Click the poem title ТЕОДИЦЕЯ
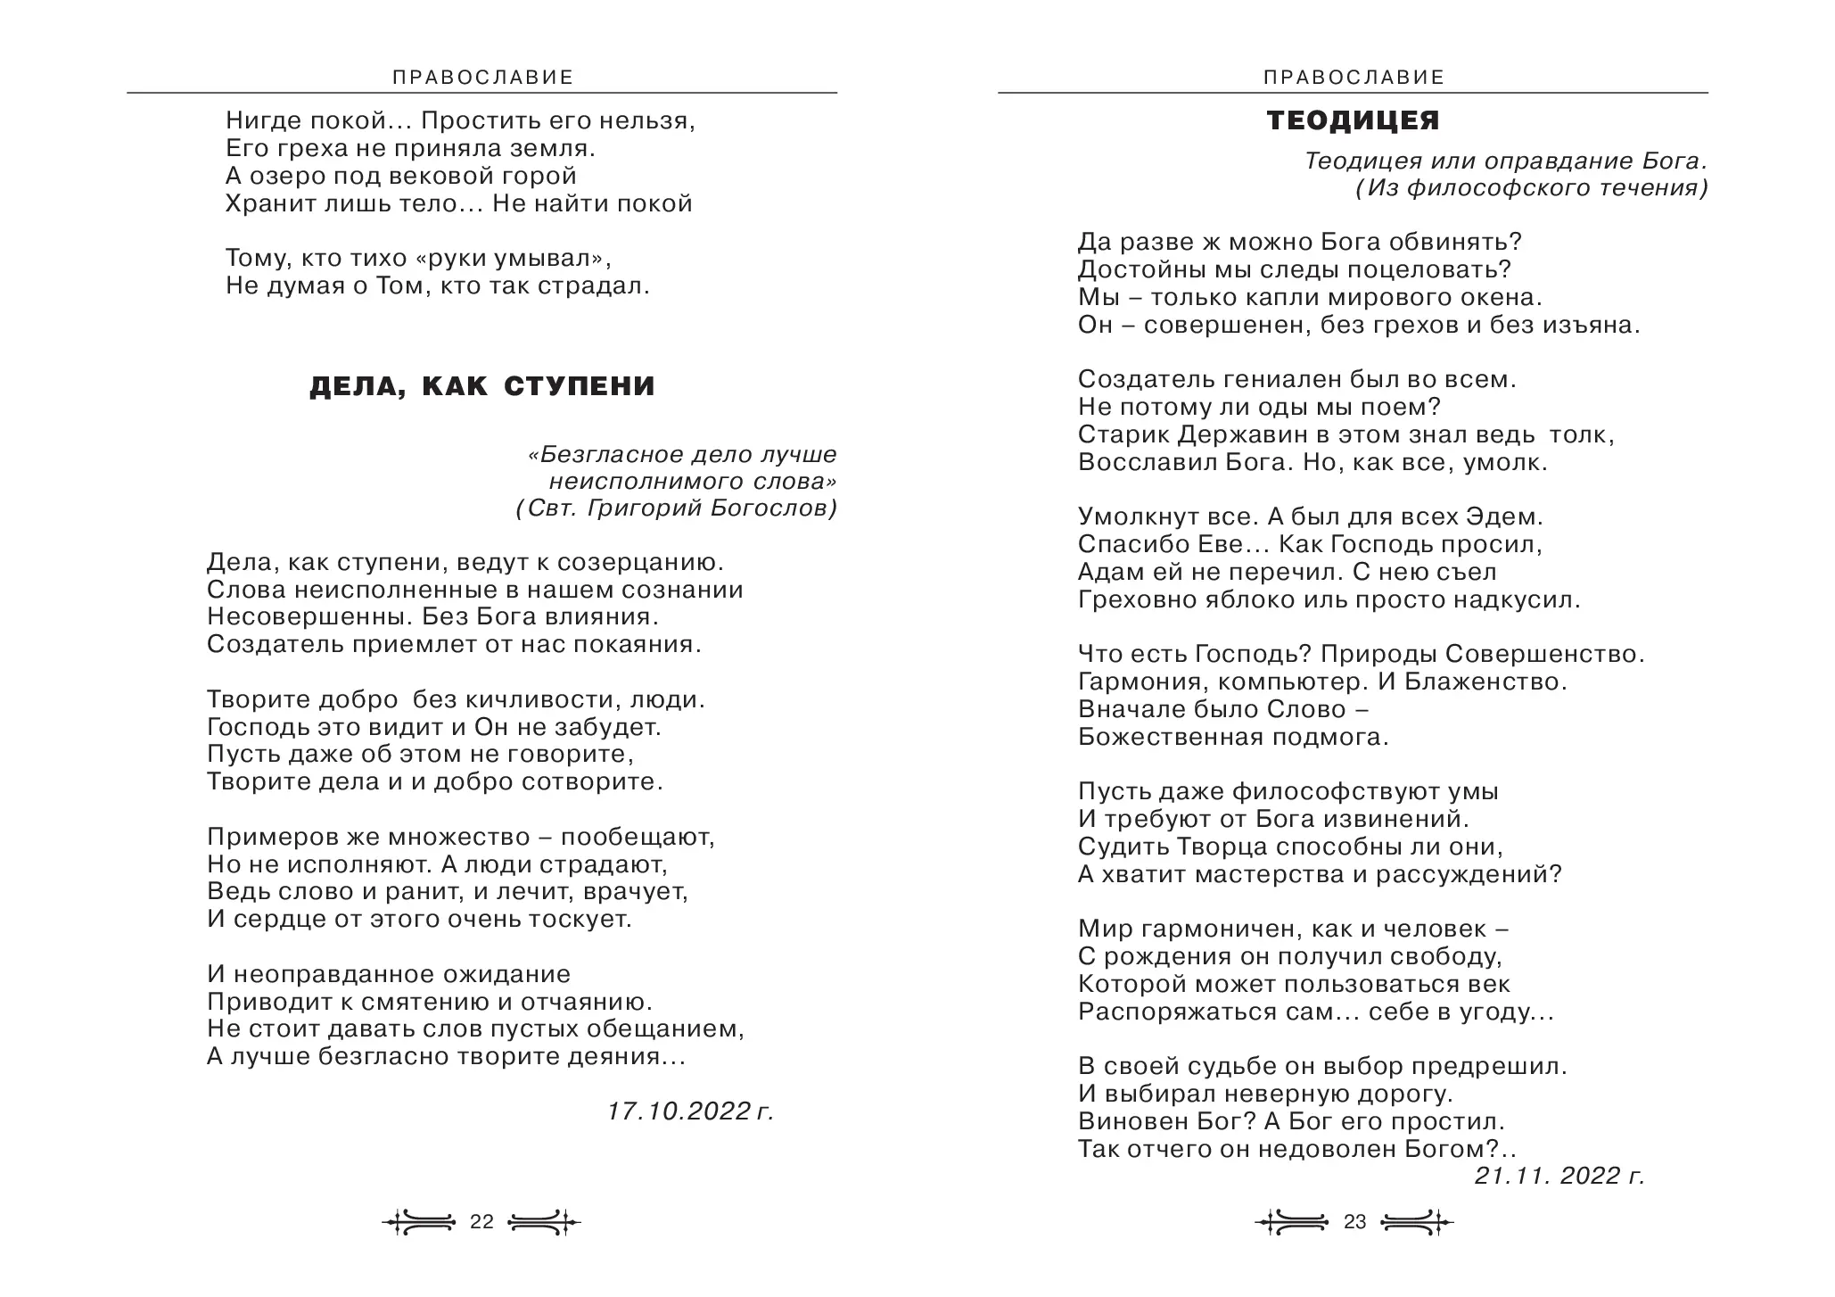[x=1353, y=120]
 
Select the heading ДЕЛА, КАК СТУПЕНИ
[x=481, y=386]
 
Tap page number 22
[x=481, y=1222]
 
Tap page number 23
[x=1354, y=1222]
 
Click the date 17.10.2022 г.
[x=691, y=1111]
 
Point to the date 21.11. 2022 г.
[x=1559, y=1176]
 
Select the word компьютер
[x=1281, y=682]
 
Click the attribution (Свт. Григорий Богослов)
[x=676, y=508]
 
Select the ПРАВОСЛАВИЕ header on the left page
[x=482, y=78]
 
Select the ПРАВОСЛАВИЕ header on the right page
[x=1354, y=78]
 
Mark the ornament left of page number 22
[x=419, y=1222]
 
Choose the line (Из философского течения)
[x=1532, y=188]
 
